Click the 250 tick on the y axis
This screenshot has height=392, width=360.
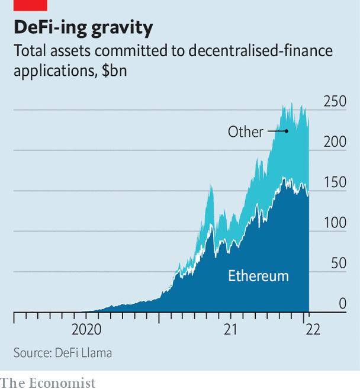(335, 101)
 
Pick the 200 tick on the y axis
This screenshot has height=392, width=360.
(335, 142)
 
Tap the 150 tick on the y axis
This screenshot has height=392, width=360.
(335, 182)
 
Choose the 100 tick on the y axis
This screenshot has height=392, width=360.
(335, 223)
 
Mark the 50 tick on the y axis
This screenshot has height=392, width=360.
(339, 264)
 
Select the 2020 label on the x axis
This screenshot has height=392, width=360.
(87, 330)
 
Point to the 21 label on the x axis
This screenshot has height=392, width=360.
(230, 330)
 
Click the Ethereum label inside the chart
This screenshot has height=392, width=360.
(259, 276)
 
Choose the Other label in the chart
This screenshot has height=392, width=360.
(245, 131)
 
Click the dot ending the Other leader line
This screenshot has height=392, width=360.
(287, 131)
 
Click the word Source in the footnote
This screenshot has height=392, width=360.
(32, 353)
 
